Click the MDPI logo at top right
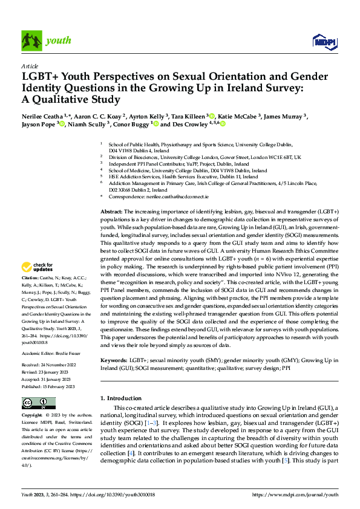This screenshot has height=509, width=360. [x=324, y=41]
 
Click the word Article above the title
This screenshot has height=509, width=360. [x=30, y=66]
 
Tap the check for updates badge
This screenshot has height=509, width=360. [x=38, y=267]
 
